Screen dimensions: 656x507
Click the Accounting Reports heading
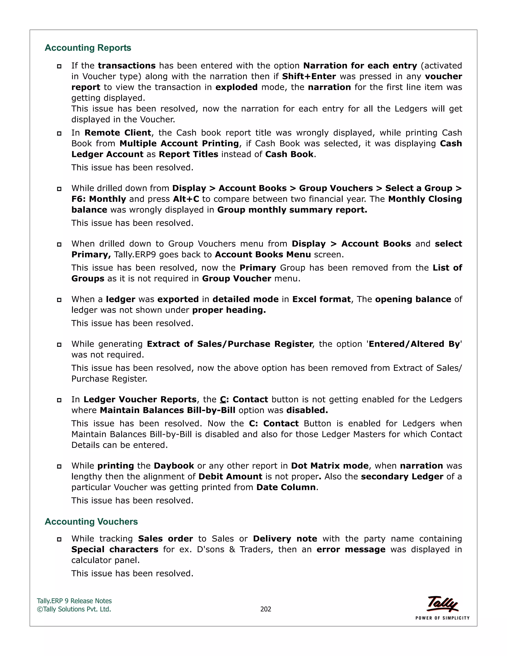pos(88,48)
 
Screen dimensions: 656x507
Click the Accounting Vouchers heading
pos(91,521)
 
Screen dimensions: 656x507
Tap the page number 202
pos(266,609)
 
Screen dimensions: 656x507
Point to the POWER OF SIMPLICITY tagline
pos(442,618)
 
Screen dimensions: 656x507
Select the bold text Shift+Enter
pos(308,76)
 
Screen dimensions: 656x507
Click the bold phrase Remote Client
pos(118,133)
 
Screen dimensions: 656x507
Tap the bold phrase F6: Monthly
pos(99,199)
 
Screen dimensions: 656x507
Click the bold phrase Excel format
pos(321,299)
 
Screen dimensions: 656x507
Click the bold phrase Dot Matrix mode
pos(330,466)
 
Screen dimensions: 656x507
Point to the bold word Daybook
pos(174,466)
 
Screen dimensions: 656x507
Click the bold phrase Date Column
pos(286,487)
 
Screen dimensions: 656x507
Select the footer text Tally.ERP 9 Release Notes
pos(74,601)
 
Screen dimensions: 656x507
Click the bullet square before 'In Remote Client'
pos(59,133)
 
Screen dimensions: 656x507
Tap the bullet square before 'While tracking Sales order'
pos(59,539)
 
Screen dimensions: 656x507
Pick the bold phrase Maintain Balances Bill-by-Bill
pos(167,410)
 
